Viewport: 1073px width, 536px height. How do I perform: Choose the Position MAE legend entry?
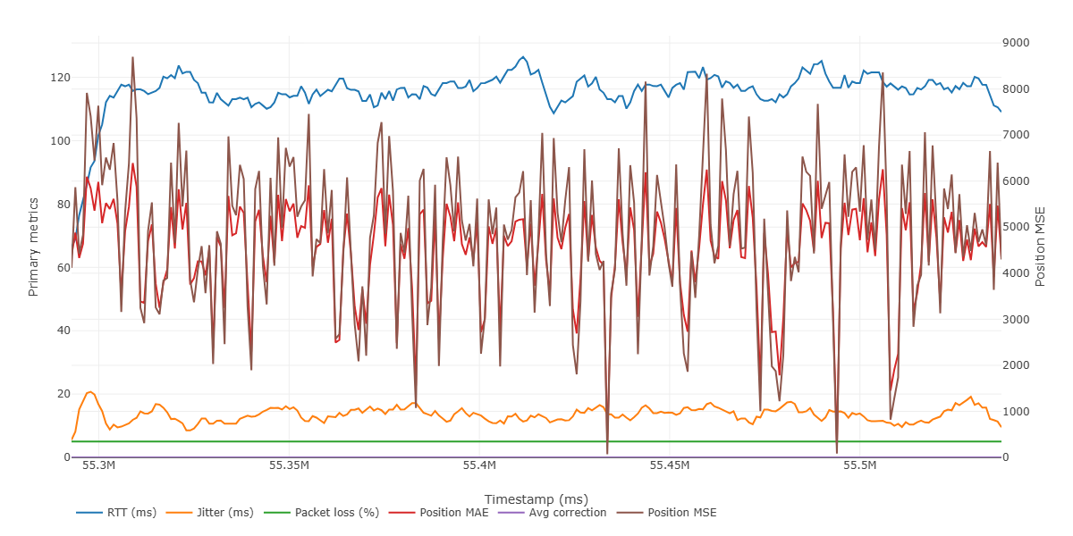click(x=448, y=513)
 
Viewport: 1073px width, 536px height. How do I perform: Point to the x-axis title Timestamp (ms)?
click(x=536, y=498)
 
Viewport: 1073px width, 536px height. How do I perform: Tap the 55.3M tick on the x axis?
click(x=98, y=466)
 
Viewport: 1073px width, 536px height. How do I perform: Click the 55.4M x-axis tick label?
click(x=480, y=466)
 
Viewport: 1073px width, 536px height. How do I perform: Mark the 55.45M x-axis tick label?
click(x=671, y=466)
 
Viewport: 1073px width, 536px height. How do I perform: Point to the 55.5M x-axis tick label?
click(x=862, y=466)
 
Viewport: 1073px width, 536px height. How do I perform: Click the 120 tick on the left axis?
click(x=61, y=78)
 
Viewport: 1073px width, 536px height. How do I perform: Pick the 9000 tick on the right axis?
click(x=1018, y=43)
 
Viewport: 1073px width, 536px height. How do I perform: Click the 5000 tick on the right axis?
click(x=1018, y=227)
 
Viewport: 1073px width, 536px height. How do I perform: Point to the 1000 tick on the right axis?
click(x=1018, y=411)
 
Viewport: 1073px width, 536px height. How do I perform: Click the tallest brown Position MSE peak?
click(x=132, y=58)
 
